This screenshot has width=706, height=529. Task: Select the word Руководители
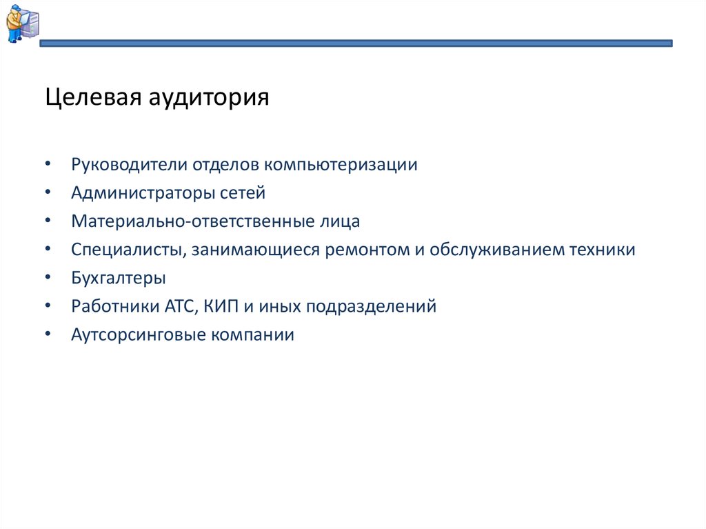coord(129,166)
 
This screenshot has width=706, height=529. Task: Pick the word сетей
coord(242,194)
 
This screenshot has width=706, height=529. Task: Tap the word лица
coord(341,221)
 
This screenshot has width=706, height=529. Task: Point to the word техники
coord(601,250)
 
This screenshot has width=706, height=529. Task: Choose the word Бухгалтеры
coord(118,279)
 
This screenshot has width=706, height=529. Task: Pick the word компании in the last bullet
coord(252,335)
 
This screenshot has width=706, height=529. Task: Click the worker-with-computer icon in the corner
coord(22,23)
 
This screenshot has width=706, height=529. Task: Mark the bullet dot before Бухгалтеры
coord(48,279)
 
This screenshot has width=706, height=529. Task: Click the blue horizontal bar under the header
coord(356,43)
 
